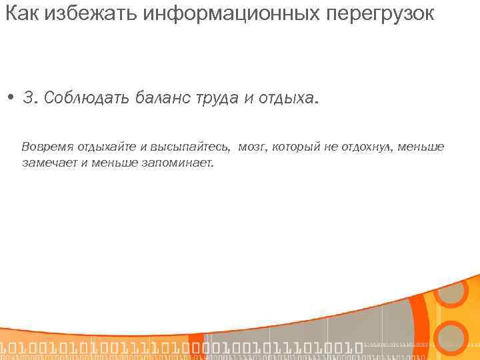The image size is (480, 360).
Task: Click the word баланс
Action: point(159,99)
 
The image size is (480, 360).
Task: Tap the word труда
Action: point(215,99)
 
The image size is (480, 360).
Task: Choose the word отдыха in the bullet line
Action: point(287,99)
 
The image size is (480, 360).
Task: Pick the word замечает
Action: point(49,161)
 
